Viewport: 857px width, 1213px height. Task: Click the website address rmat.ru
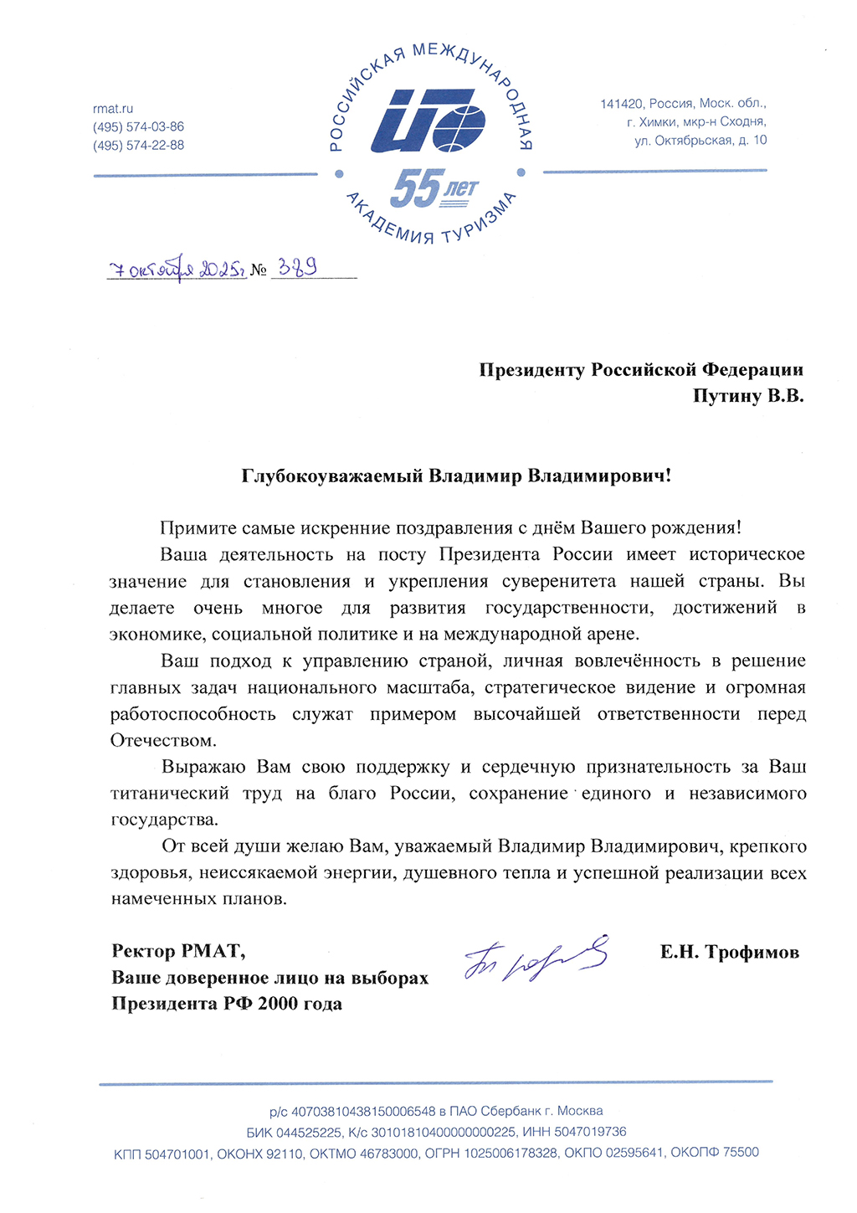pos(113,109)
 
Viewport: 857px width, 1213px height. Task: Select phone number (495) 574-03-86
pos(138,127)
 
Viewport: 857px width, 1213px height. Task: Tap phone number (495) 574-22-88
pos(138,146)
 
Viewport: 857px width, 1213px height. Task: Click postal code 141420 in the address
pos(621,104)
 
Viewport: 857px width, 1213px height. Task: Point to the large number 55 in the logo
pos(414,188)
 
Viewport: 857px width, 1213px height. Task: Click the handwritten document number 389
pos(297,268)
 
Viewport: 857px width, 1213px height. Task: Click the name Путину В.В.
pos(747,396)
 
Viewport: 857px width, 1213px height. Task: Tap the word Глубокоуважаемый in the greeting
pos(332,476)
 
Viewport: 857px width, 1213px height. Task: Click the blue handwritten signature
pos(536,958)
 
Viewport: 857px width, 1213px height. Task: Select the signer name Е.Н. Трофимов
pos(729,952)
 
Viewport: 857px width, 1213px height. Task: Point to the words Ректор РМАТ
pos(178,951)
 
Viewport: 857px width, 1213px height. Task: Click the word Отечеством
pos(163,741)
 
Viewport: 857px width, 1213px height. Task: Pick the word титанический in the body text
pos(170,794)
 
